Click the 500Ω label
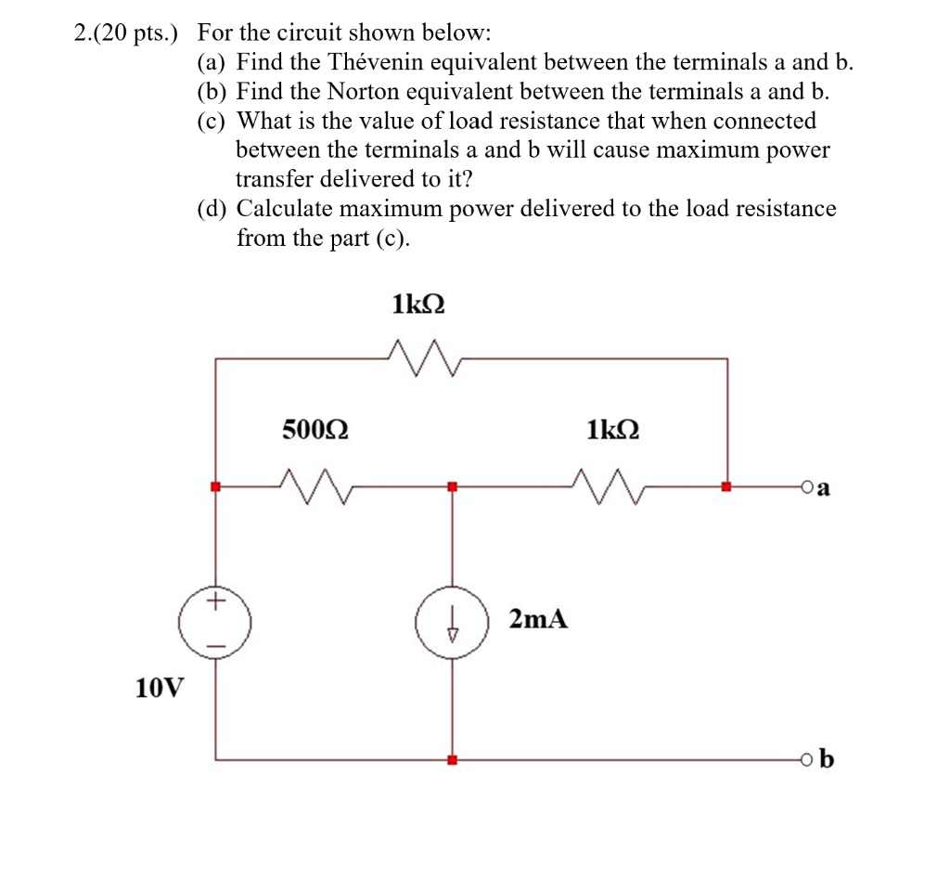point(315,431)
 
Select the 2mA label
point(538,619)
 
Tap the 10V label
point(159,688)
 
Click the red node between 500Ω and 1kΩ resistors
point(452,486)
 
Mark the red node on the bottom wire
point(452,760)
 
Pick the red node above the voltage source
point(215,486)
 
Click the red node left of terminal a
point(726,486)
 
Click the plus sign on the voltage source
point(215,601)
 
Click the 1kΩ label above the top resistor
point(418,304)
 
